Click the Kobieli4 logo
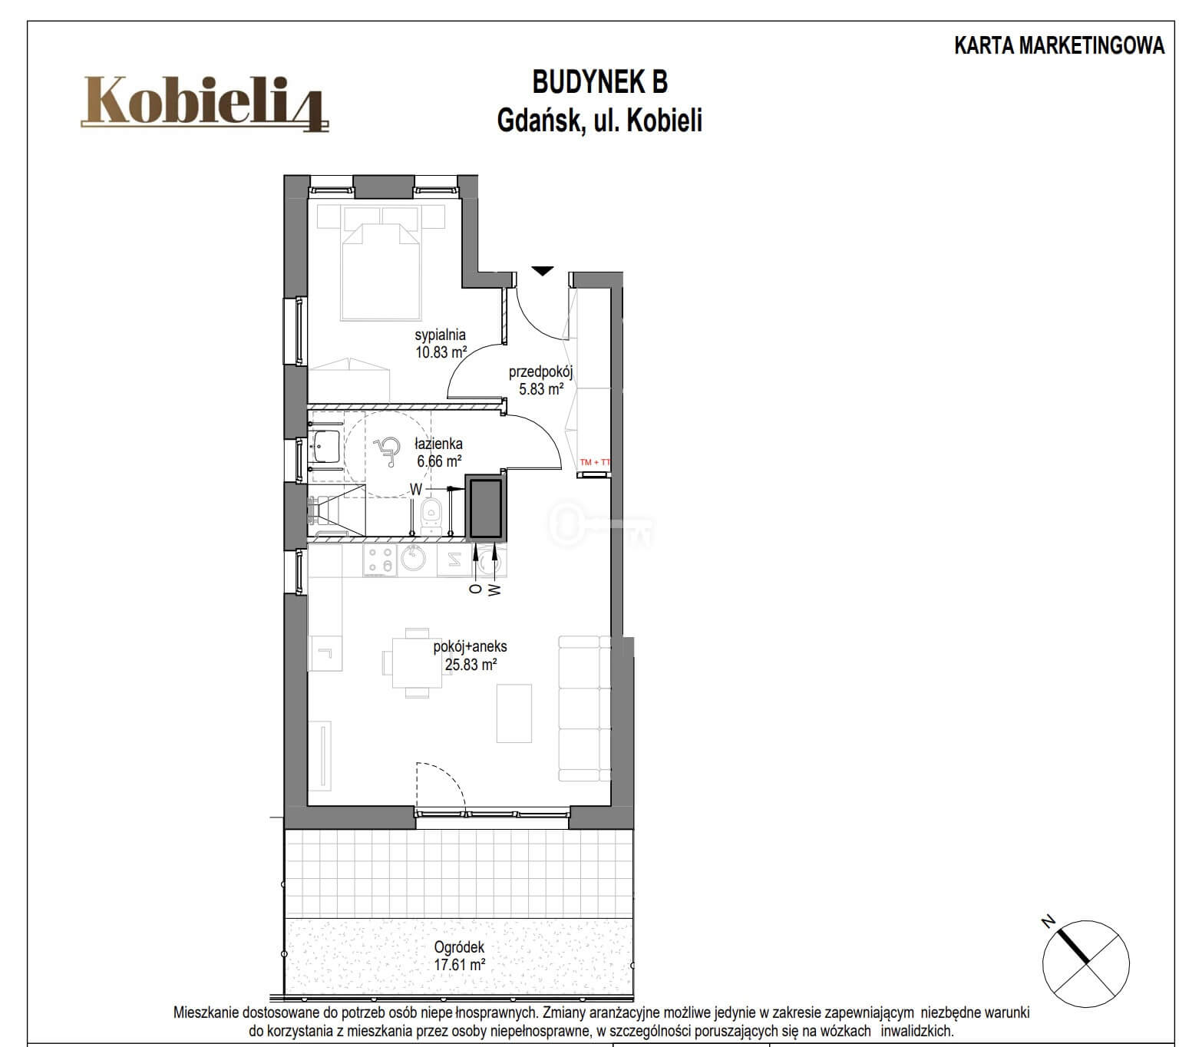(x=204, y=104)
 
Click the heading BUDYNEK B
(x=599, y=82)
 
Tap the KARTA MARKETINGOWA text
(x=1059, y=46)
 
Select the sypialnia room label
(x=440, y=335)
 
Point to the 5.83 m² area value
(x=541, y=389)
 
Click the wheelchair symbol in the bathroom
(x=386, y=452)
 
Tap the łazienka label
(x=438, y=444)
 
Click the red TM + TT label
(x=595, y=462)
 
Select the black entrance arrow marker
(x=543, y=271)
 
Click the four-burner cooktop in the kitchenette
(x=379, y=559)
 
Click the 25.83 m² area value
(x=471, y=665)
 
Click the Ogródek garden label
(x=460, y=946)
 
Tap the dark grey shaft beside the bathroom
(x=485, y=507)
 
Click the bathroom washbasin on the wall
(x=327, y=446)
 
